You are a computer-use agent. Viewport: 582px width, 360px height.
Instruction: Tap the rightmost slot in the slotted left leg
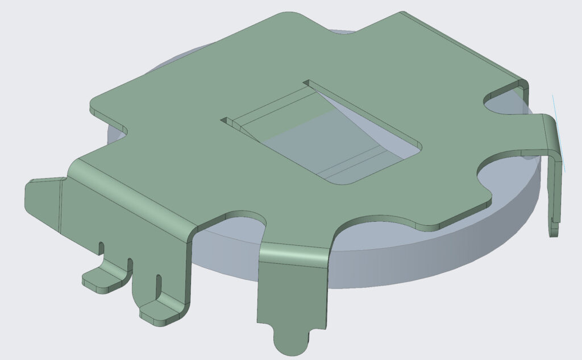click(x=159, y=283)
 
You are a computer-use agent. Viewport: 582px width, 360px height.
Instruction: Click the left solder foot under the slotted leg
click(x=102, y=280)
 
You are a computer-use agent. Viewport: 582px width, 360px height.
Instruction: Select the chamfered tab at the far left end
click(x=43, y=199)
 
